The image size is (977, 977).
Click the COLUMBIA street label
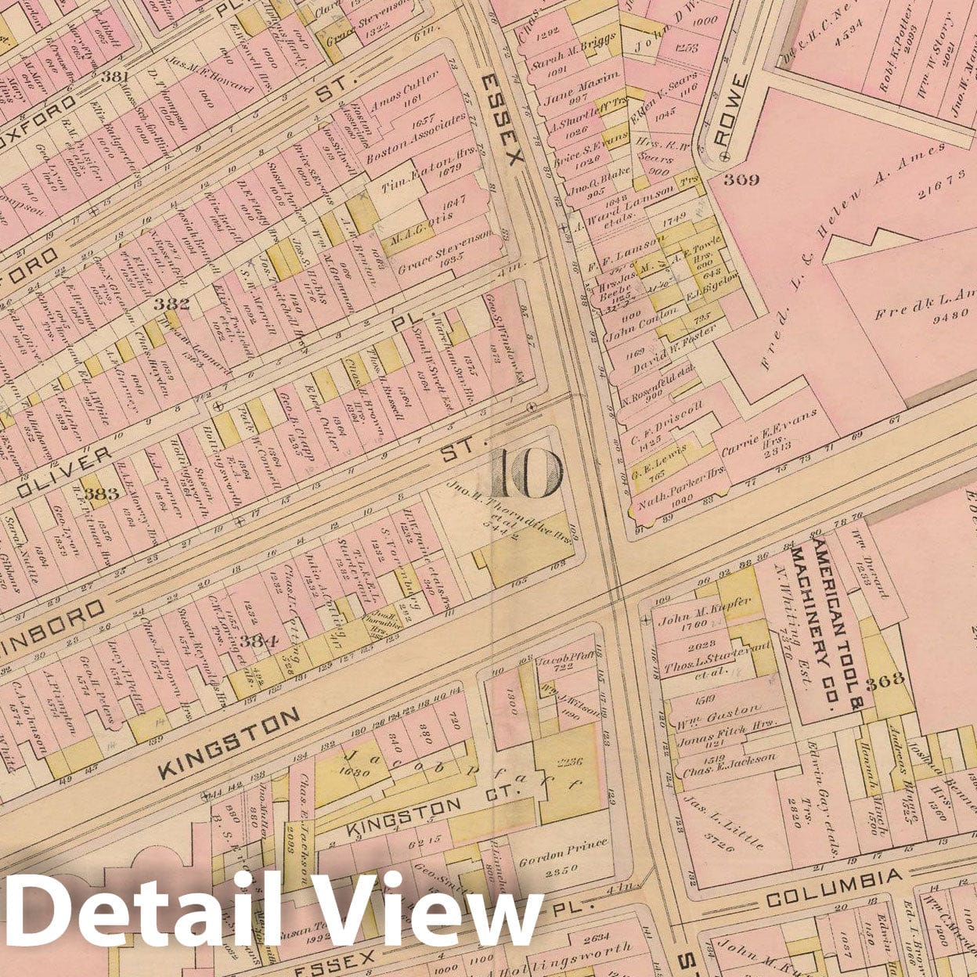point(832,887)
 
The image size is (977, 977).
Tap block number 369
point(741,179)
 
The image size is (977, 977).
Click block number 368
point(885,680)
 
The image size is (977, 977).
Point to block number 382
point(172,303)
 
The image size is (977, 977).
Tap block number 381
point(114,77)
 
